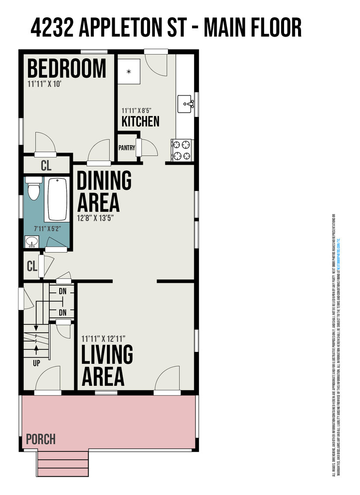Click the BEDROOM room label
click(67, 68)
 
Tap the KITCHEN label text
click(140, 121)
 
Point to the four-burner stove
click(182, 150)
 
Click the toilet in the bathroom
click(33, 188)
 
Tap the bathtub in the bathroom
click(57, 199)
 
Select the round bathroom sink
click(32, 241)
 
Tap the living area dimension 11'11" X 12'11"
click(103, 338)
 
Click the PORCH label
click(41, 439)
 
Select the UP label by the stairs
click(36, 362)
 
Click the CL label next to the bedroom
click(46, 165)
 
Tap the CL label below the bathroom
click(31, 266)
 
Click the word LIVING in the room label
click(107, 355)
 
